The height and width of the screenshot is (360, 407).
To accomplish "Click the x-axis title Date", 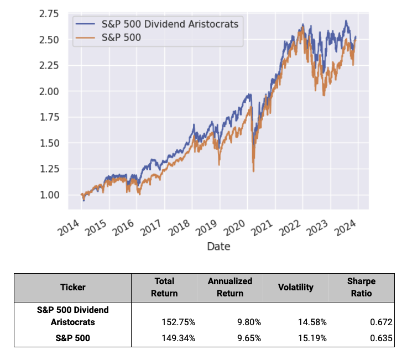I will (218, 247).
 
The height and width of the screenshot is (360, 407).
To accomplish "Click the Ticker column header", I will (72, 287).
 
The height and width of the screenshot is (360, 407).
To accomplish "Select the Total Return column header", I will (164, 287).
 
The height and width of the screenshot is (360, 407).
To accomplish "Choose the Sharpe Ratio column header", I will (362, 287).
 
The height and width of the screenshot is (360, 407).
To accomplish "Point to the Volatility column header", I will (296, 287).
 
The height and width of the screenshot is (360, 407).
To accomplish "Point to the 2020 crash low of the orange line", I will (253, 171).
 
